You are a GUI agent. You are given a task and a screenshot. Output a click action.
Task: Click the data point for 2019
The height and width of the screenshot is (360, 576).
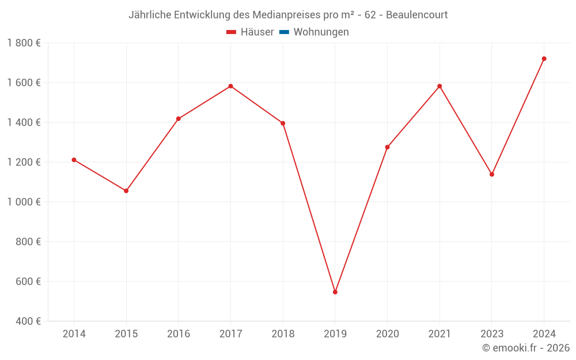click(x=335, y=292)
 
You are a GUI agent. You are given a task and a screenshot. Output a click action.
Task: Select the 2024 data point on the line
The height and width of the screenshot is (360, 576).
click(x=544, y=59)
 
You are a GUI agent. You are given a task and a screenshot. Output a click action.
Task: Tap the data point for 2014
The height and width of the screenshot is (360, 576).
click(x=74, y=160)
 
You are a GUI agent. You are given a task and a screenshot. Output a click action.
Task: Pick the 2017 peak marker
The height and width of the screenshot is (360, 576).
click(x=230, y=86)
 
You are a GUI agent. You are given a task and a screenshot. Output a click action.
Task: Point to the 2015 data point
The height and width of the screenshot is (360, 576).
click(x=126, y=191)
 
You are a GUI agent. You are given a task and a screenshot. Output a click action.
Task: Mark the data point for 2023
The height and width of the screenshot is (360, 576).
click(x=492, y=175)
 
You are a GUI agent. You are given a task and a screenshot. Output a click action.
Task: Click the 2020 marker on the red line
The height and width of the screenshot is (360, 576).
click(x=387, y=147)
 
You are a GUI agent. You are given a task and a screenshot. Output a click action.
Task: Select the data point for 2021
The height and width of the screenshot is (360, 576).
click(x=439, y=86)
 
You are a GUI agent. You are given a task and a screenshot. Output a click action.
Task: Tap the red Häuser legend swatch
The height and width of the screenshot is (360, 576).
click(x=232, y=32)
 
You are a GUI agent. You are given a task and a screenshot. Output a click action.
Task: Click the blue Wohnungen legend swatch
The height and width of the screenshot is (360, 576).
click(x=284, y=32)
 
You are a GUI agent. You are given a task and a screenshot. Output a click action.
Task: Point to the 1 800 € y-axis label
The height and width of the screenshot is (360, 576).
click(x=24, y=43)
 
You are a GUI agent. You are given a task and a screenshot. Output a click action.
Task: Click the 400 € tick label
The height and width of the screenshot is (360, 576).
click(x=28, y=321)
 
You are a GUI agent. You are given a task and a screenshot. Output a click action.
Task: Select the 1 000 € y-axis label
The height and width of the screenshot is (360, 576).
click(x=24, y=202)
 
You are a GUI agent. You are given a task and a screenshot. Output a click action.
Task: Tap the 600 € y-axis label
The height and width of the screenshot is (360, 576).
click(x=28, y=281)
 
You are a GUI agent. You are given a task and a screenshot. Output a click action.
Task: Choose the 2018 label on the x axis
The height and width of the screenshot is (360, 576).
click(x=283, y=334)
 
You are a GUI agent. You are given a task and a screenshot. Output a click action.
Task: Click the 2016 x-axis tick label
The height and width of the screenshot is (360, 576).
click(x=179, y=334)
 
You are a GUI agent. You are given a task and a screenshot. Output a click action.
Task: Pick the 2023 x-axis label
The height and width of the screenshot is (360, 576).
click(x=492, y=334)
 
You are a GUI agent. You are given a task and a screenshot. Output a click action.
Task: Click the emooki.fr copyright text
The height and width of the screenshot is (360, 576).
click(x=526, y=348)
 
